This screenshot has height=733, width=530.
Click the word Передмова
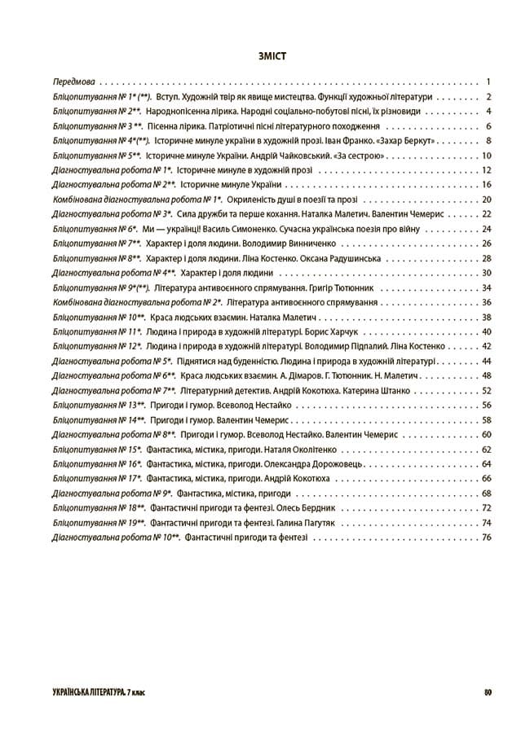tap(74, 82)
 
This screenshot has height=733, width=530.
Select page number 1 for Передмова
tap(487, 82)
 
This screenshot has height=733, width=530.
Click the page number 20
tap(487, 200)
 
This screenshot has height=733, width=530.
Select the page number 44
tap(487, 361)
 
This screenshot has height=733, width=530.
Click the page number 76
tap(487, 537)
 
